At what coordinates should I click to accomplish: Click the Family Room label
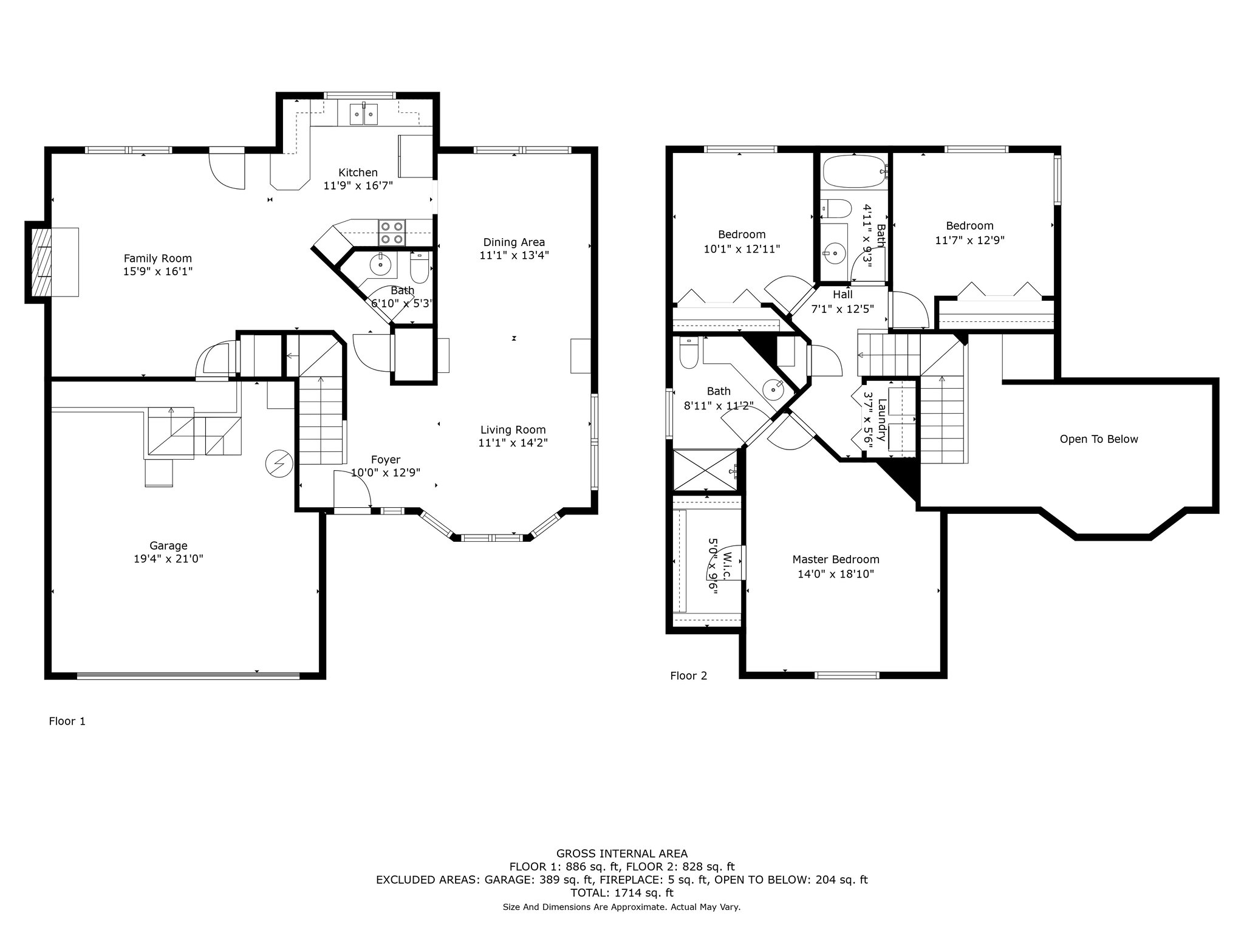coord(158,258)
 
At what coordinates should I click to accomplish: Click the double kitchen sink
coord(364,114)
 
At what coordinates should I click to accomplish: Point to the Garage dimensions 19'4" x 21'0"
coord(168,559)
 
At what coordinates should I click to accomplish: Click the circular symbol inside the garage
coord(279,464)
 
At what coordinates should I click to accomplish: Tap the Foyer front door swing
coord(353,490)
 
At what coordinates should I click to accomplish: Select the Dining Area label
coord(514,242)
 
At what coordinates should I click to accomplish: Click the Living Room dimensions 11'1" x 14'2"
coord(513,443)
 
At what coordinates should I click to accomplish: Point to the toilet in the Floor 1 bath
coord(420,267)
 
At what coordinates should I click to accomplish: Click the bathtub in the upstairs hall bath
coord(854,172)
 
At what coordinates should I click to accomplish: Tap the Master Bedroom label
coord(836,559)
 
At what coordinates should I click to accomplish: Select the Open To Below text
coord(1099,439)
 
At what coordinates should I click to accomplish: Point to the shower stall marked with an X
coord(707,470)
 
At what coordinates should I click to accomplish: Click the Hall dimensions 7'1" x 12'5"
coord(842,309)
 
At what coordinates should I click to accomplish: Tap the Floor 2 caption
coord(689,675)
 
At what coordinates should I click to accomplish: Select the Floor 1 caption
coord(67,721)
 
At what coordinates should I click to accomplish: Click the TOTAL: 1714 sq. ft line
coord(622,893)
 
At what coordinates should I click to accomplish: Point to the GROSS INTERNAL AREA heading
coord(622,854)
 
